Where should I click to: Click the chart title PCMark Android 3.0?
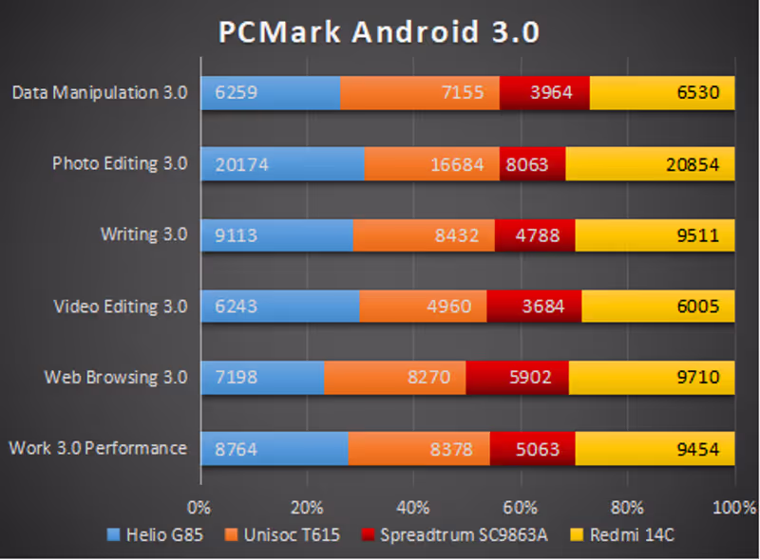(x=380, y=31)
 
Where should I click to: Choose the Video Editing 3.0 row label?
(x=120, y=306)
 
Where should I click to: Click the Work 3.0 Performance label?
(x=97, y=448)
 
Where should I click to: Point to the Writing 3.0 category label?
(x=143, y=234)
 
